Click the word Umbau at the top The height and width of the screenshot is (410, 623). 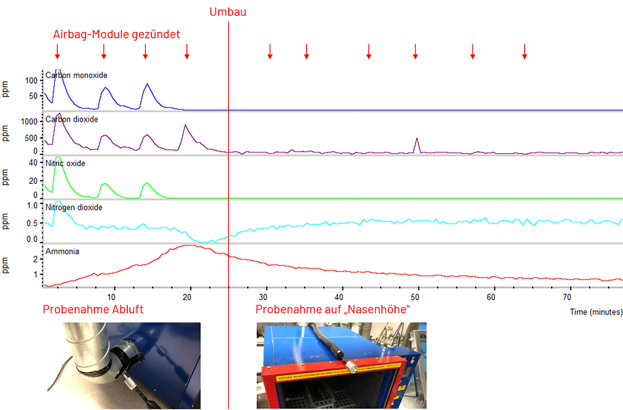[x=228, y=12]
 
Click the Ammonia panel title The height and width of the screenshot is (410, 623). [x=62, y=251]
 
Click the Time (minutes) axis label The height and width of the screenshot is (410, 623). [x=596, y=311]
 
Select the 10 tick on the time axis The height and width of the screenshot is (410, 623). [x=113, y=297]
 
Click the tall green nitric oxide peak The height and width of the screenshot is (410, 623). [x=58, y=159]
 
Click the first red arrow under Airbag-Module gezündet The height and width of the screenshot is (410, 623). [x=58, y=51]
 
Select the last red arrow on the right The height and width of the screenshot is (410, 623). [x=524, y=51]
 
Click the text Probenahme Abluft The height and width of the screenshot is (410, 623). [x=93, y=310]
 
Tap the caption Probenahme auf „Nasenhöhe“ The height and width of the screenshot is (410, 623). [x=332, y=310]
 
